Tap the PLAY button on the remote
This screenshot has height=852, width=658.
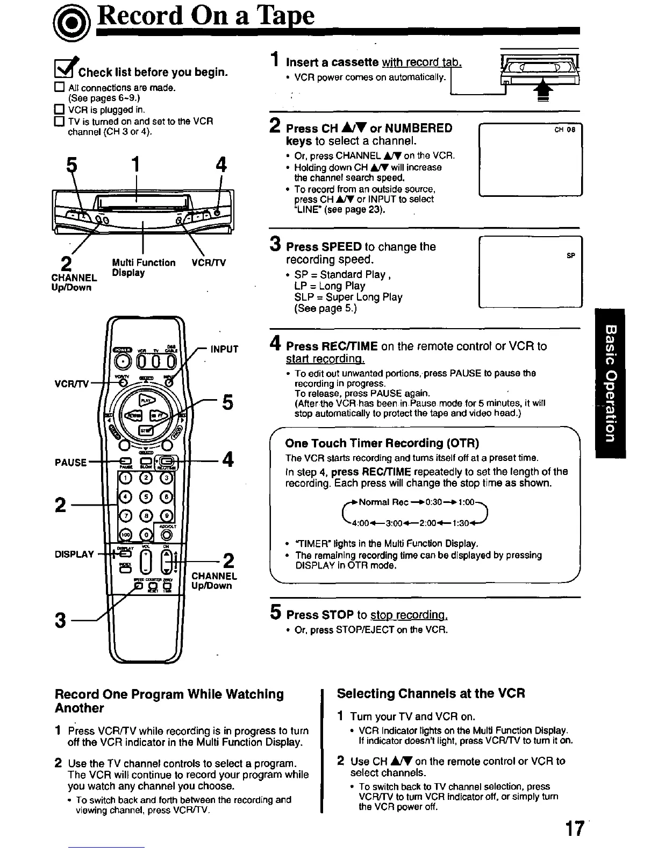(145, 400)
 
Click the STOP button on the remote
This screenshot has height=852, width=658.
(145, 430)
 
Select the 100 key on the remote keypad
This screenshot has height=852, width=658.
(125, 534)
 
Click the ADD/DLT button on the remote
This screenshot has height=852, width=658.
(167, 534)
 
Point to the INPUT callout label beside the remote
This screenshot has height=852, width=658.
(224, 349)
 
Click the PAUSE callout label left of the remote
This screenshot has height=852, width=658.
(70, 462)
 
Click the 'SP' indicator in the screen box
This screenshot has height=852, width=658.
(571, 256)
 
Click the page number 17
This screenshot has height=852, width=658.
(573, 828)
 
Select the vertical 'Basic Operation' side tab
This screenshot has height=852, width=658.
(610, 383)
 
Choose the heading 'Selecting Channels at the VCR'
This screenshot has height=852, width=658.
(431, 693)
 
